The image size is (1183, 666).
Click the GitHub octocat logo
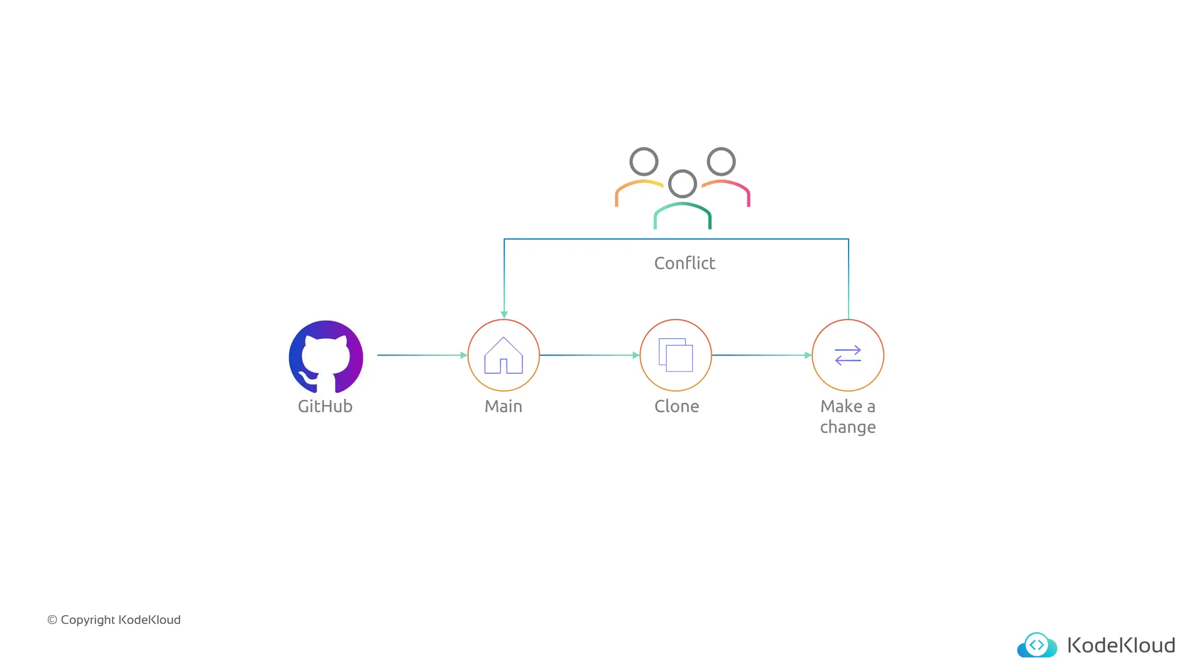click(326, 357)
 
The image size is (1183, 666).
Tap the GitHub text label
click(325, 406)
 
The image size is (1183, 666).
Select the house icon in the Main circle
click(504, 356)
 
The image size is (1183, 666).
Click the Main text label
click(503, 406)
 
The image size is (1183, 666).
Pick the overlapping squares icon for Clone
click(676, 355)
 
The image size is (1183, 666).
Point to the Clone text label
click(676, 406)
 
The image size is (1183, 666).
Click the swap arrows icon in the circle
click(848, 355)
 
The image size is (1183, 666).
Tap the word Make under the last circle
click(841, 406)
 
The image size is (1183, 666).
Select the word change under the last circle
click(848, 427)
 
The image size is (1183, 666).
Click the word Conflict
click(684, 264)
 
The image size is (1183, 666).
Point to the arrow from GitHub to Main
click(422, 355)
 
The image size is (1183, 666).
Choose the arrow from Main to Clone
click(589, 355)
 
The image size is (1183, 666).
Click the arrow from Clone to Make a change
click(761, 355)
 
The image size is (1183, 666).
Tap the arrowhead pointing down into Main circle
click(504, 314)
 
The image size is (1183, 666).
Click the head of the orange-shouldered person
click(644, 162)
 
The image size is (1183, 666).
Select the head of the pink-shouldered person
click(721, 162)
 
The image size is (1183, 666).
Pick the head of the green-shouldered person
click(683, 184)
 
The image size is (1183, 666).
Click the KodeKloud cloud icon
click(1037, 645)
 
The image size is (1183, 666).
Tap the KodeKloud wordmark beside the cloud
click(1121, 645)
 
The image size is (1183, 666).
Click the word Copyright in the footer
click(88, 620)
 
